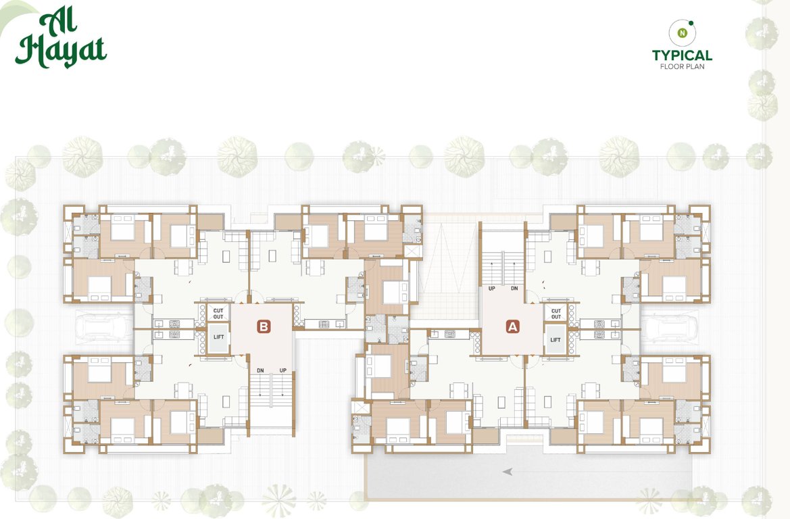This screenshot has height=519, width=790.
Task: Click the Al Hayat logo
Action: click(x=61, y=41)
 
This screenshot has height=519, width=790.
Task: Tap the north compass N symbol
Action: click(x=683, y=32)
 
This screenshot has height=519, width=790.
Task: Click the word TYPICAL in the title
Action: click(x=682, y=55)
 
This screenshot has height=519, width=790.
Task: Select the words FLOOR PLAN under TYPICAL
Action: click(x=682, y=66)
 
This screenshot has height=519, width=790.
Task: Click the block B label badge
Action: click(x=264, y=326)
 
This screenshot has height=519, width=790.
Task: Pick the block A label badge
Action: click(x=513, y=326)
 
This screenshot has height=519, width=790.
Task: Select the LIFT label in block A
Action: click(x=556, y=339)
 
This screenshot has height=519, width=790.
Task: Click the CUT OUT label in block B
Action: click(x=218, y=314)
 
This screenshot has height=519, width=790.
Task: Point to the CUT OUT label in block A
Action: click(x=556, y=314)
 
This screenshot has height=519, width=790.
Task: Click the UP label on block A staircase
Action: click(x=493, y=289)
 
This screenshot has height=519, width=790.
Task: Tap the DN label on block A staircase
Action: click(x=514, y=289)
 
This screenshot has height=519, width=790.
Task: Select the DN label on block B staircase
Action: click(x=260, y=370)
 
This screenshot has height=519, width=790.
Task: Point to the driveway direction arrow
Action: click(x=507, y=472)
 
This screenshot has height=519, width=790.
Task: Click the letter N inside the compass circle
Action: click(x=683, y=32)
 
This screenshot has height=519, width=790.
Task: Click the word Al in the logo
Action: click(x=61, y=22)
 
